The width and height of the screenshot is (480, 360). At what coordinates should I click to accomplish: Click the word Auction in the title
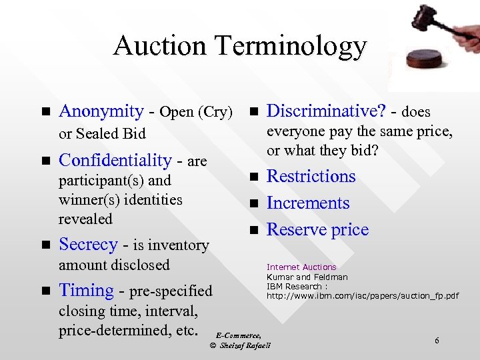(x=160, y=46)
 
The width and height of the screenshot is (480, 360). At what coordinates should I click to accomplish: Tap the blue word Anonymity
(x=101, y=111)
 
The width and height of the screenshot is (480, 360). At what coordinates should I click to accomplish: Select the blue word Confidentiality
(x=115, y=160)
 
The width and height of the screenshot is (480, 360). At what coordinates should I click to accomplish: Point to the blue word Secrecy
(x=88, y=245)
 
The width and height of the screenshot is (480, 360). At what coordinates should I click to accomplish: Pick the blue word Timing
(x=87, y=291)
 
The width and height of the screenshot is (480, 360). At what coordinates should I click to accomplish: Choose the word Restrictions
(x=311, y=177)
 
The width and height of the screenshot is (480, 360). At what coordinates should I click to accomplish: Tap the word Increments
(x=308, y=203)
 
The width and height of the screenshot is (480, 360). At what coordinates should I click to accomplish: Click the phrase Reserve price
(x=317, y=230)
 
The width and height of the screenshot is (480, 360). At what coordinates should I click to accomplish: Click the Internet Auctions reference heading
(x=301, y=267)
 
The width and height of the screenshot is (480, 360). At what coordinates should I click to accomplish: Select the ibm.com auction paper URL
(x=363, y=295)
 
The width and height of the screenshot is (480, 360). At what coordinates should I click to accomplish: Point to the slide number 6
(x=437, y=341)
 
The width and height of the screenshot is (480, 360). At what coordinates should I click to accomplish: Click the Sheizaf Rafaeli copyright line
(x=240, y=345)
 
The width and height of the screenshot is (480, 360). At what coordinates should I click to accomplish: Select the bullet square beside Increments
(x=253, y=203)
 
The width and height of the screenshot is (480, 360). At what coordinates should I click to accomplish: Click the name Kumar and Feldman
(x=307, y=277)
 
